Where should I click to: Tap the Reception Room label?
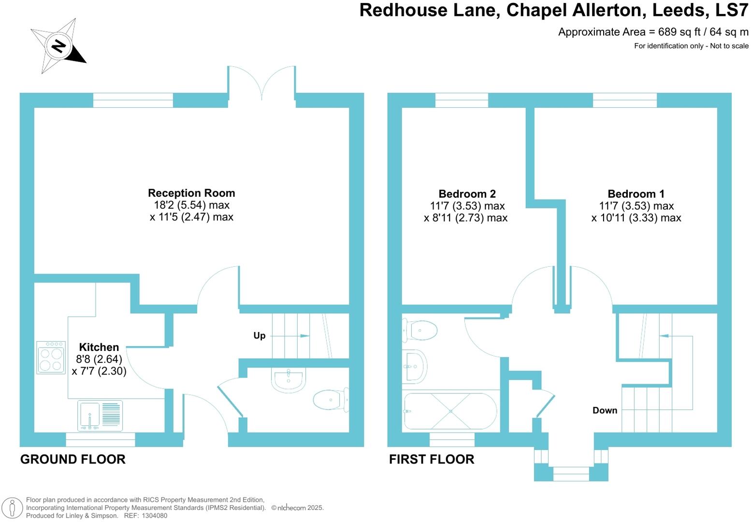pos(191,193)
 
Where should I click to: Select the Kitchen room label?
pos(99,347)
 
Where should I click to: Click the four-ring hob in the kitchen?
pos(51,358)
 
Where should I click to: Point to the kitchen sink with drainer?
pos(100,415)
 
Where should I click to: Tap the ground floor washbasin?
pos(288,378)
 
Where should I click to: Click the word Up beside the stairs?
pos(260,335)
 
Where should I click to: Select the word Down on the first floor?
pos(605,410)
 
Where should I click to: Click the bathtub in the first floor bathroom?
pos(450,411)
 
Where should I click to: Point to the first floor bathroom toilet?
pos(420,331)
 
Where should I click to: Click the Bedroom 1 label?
pos(636,194)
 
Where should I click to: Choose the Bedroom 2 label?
pos(467,194)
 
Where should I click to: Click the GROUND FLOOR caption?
pos(73,459)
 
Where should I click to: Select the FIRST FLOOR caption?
pos(432,459)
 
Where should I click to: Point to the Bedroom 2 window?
pos(462,100)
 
